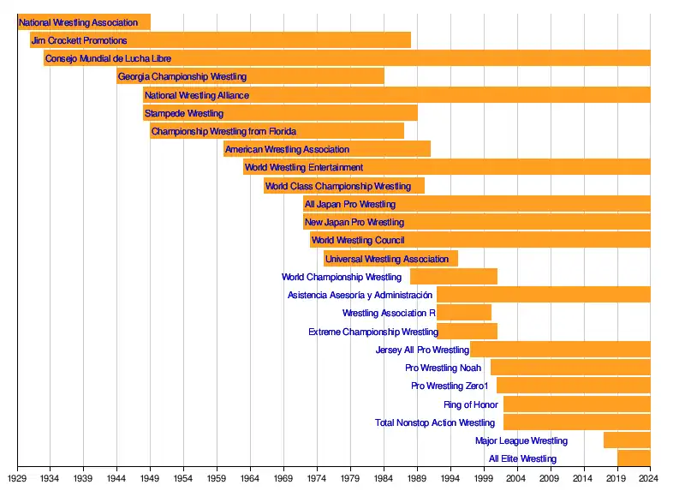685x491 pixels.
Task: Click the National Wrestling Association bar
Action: tap(84, 22)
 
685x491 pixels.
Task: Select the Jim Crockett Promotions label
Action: tap(79, 40)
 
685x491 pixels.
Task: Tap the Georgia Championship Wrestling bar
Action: tap(250, 77)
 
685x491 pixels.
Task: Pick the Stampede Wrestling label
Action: tap(184, 113)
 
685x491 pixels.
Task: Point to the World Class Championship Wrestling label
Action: tap(338, 186)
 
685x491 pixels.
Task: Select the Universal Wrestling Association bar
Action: tap(390, 259)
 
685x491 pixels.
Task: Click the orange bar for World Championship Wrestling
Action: tap(454, 277)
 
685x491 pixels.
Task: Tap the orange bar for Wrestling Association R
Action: tap(464, 313)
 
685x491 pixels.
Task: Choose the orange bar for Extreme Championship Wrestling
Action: tap(468, 332)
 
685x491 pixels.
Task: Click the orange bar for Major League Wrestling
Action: tap(627, 440)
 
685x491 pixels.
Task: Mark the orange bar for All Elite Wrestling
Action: tap(634, 458)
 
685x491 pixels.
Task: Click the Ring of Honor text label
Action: tap(471, 404)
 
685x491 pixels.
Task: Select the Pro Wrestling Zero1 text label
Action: tap(450, 386)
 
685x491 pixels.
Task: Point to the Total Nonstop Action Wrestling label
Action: tap(435, 422)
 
